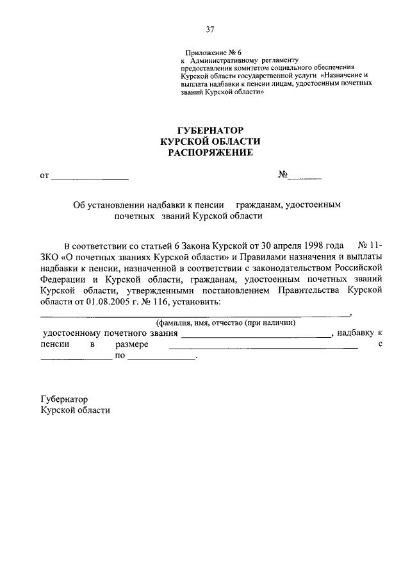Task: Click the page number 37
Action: [x=209, y=29]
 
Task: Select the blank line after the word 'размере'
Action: [x=263, y=346]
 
